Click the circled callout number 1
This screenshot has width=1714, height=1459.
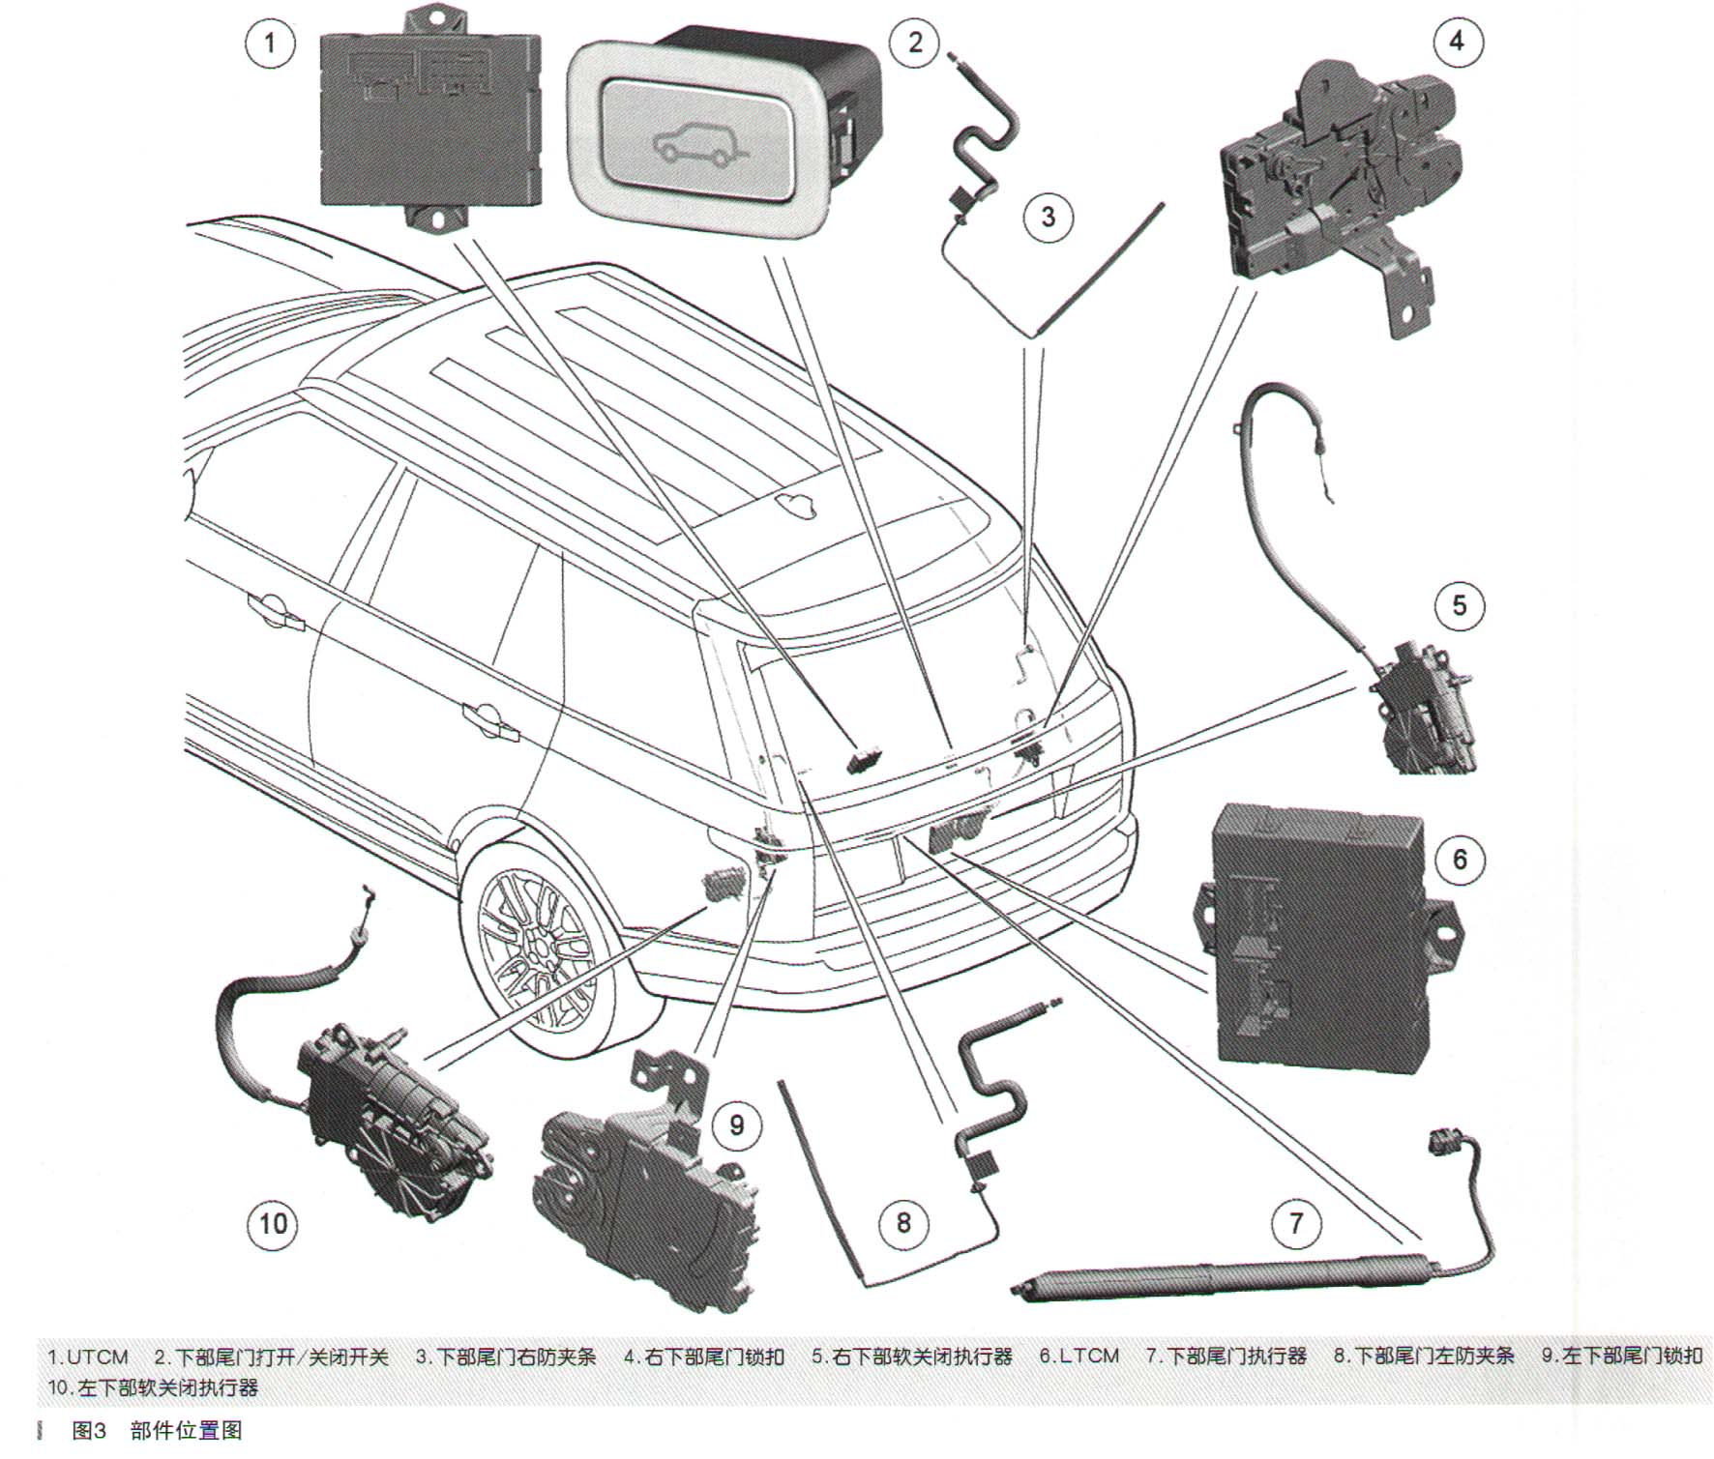click(270, 43)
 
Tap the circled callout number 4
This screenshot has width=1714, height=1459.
click(1456, 42)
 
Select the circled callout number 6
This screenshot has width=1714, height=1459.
click(1460, 859)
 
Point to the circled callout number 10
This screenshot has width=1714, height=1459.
click(273, 1224)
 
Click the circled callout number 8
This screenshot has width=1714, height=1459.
click(903, 1222)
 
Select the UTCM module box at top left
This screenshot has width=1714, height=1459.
click(429, 121)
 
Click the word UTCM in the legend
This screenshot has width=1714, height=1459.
click(97, 1357)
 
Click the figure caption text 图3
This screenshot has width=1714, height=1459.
click(89, 1430)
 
